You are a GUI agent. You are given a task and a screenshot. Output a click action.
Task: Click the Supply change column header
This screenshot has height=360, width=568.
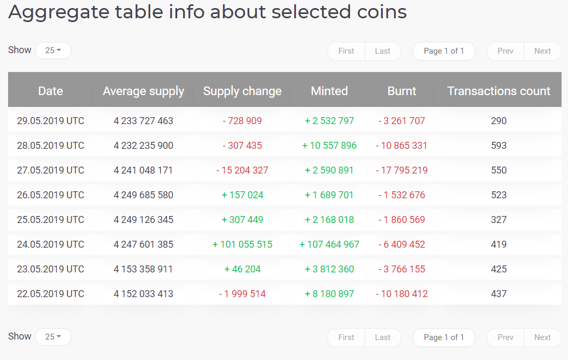(x=242, y=91)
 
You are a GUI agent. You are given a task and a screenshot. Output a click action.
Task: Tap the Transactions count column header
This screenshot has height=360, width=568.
(x=499, y=91)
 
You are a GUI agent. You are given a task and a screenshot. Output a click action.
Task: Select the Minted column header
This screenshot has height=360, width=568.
(x=329, y=91)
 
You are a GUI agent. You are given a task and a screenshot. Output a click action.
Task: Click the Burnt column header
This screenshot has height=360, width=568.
(x=402, y=91)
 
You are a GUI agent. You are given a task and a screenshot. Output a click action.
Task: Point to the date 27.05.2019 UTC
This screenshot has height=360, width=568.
(x=50, y=170)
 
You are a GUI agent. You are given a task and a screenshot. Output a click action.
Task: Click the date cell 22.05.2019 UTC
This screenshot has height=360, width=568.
(x=50, y=294)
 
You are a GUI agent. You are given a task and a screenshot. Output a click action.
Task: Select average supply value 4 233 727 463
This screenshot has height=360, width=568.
(x=143, y=121)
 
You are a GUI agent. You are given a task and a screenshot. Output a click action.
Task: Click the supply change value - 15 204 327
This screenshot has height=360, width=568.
(x=242, y=170)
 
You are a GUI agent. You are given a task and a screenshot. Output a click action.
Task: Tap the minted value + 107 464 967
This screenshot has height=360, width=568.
(x=329, y=244)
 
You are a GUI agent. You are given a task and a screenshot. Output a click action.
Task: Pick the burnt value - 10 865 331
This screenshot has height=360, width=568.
(x=402, y=146)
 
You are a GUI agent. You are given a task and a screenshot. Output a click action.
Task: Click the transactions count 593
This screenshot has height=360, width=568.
(x=499, y=146)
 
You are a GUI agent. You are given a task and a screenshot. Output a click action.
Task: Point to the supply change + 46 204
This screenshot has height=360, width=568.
(x=242, y=269)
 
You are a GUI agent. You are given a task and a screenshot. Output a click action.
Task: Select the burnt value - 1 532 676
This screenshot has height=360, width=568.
(x=402, y=195)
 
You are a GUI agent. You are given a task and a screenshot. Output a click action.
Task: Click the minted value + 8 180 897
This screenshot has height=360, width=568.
(x=329, y=294)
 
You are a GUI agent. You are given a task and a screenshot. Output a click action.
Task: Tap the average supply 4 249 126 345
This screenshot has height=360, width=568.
(x=143, y=220)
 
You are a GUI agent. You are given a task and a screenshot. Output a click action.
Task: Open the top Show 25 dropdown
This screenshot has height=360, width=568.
(x=53, y=51)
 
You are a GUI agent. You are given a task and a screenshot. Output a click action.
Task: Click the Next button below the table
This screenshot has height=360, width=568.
(x=542, y=337)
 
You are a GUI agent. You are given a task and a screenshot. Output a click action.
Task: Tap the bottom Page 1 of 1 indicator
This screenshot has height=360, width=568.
(x=443, y=337)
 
